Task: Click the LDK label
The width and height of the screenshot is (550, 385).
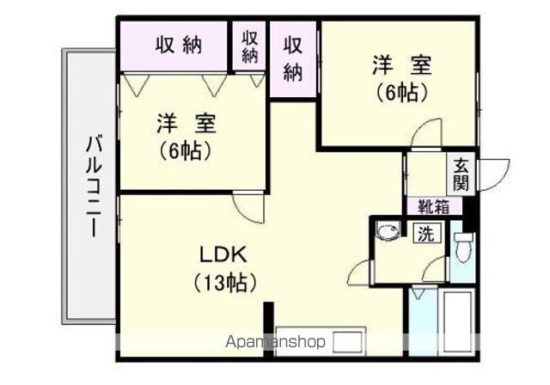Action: [223, 255]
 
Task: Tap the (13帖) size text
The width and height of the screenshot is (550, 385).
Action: [224, 282]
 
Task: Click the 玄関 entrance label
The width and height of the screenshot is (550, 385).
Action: [461, 174]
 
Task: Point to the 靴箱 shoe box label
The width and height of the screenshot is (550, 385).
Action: [433, 206]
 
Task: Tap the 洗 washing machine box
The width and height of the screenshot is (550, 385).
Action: [426, 233]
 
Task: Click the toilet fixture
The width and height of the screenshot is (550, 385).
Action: [463, 247]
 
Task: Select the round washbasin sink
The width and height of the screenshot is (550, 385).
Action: [388, 231]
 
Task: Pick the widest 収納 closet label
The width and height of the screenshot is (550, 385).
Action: [179, 46]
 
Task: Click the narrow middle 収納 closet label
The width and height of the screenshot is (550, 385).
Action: [249, 46]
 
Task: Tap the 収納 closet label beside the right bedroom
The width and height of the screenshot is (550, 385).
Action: [292, 59]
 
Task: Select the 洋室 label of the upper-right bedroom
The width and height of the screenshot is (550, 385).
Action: [402, 64]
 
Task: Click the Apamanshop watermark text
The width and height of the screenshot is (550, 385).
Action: [275, 341]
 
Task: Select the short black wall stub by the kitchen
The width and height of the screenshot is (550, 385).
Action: [268, 329]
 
